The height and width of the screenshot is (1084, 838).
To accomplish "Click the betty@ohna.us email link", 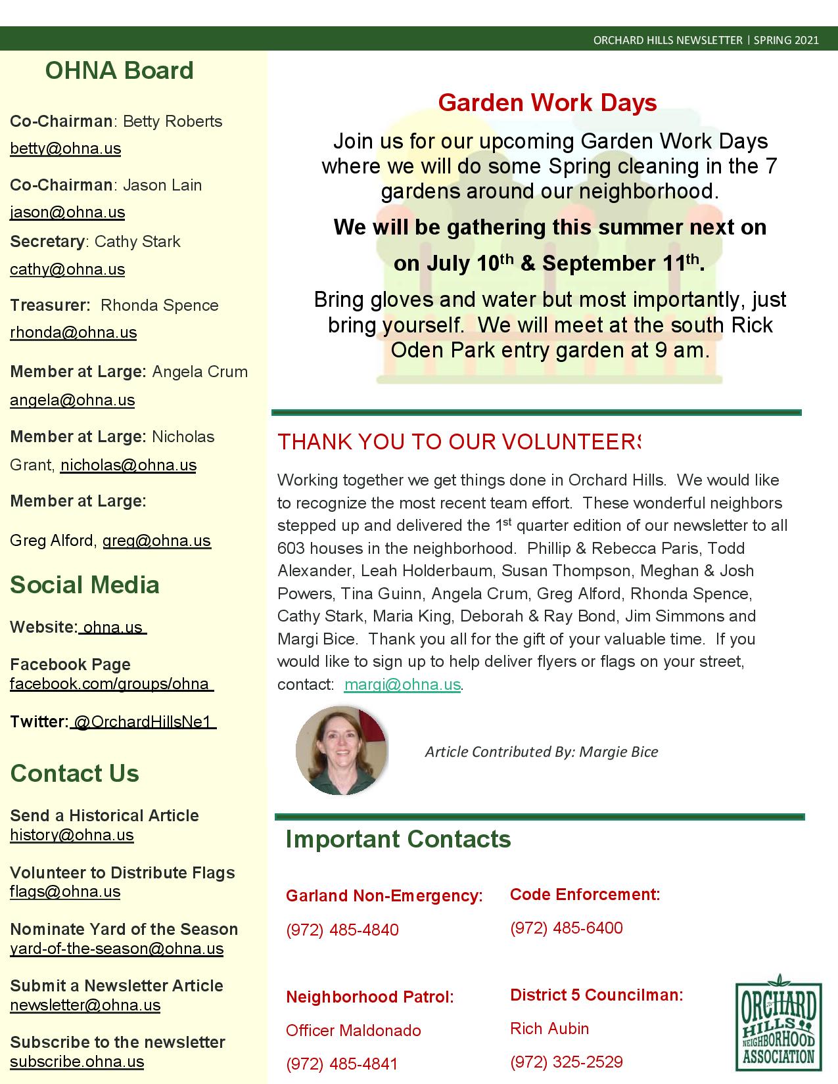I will pos(65,149).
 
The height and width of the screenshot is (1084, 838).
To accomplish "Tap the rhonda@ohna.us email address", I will pos(73,332).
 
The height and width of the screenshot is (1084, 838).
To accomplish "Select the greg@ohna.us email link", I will pos(156,541).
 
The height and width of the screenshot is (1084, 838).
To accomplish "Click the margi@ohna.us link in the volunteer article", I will pos(402,685).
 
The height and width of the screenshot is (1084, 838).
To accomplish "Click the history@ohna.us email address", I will pos(72,835).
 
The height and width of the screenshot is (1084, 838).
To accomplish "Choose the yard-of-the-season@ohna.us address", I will pos(116,949).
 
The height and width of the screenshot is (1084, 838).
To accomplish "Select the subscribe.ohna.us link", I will pos(77,1062).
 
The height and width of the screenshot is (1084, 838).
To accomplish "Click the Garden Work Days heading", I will pos(547,102).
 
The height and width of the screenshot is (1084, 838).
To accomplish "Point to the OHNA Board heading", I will pos(119,71).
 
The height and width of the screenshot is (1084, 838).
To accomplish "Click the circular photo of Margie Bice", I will pos(341,750).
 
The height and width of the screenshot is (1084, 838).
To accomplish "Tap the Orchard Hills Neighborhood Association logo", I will pos(778,1022).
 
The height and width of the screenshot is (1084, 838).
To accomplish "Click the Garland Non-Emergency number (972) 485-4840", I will pos(342,930).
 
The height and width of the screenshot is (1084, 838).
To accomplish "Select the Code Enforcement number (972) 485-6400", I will pos(566,928).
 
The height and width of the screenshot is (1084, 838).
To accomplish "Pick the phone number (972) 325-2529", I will pos(566,1062).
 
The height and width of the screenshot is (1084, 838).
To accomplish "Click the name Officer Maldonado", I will pos(353,1030).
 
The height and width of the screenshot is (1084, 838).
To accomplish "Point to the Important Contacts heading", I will pos(398,840).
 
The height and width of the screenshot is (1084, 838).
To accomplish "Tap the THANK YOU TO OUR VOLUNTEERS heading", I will pos(459,442).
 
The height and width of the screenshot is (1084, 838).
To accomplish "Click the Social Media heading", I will pos(85,585).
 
